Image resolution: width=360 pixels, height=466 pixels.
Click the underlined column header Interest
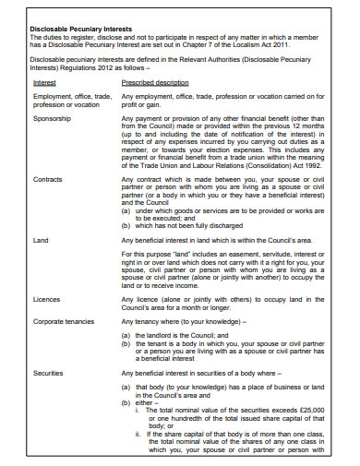coord(45,81)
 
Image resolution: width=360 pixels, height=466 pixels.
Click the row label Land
coord(41,240)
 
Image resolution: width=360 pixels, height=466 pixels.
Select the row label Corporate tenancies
coord(66,322)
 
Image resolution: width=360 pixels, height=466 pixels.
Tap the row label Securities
coord(48,374)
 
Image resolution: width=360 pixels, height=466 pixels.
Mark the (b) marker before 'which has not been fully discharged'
coord(126,224)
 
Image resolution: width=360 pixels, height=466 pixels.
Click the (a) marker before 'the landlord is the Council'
coord(126,336)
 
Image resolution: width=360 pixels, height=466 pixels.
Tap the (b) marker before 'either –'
coord(126,403)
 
